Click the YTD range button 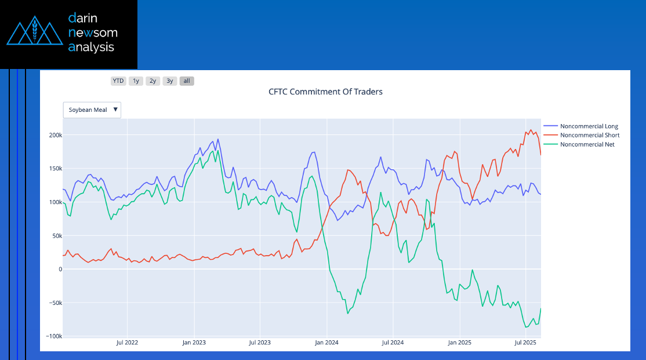[x=118, y=81]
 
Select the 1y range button [x=136, y=81]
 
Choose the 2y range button [x=153, y=81]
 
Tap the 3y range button [x=169, y=81]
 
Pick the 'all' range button [x=187, y=81]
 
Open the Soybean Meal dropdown [x=92, y=110]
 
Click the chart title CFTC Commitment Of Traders [x=325, y=92]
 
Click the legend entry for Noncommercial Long [x=589, y=126]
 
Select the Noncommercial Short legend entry [x=589, y=135]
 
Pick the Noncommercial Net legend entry [x=587, y=144]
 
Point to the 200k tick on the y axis [x=55, y=135]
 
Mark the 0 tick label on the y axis [x=59, y=269]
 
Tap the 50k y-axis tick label [x=56, y=235]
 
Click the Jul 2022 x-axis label [x=127, y=343]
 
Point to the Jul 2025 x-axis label [x=525, y=343]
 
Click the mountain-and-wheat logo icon [x=34, y=33]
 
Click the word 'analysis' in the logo [x=91, y=47]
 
